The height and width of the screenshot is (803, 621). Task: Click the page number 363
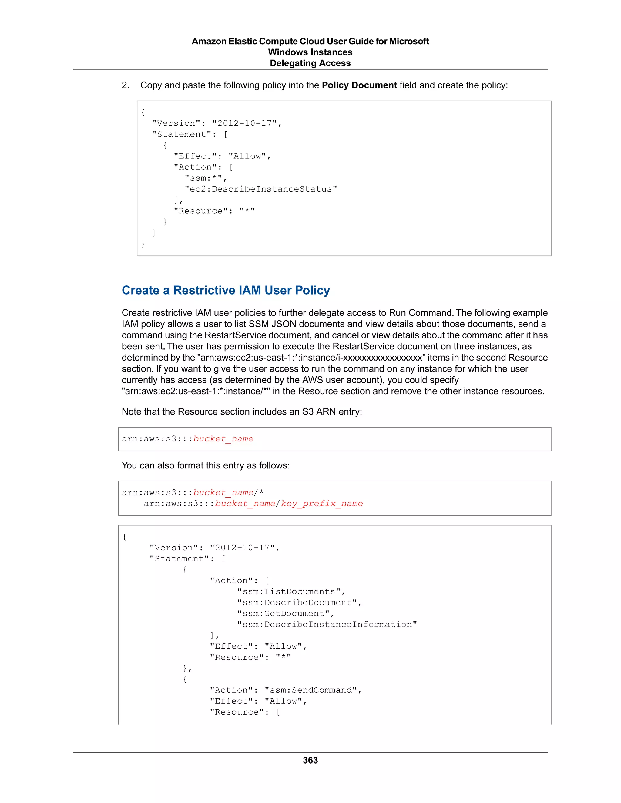(310, 760)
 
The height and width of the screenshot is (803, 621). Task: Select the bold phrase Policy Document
(359, 85)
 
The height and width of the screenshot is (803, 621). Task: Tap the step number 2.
(125, 85)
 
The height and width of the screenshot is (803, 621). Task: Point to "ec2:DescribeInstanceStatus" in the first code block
(260, 189)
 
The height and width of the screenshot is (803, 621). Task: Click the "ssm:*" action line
(205, 178)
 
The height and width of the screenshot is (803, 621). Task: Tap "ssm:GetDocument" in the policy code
(285, 614)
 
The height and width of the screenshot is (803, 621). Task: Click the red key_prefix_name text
(322, 504)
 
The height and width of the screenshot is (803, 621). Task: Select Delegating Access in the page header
(310, 63)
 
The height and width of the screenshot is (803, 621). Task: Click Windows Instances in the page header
(310, 52)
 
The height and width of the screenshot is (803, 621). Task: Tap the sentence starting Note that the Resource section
(242, 412)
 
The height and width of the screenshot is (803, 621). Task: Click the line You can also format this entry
(206, 465)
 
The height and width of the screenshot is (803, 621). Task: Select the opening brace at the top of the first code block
(143, 112)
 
